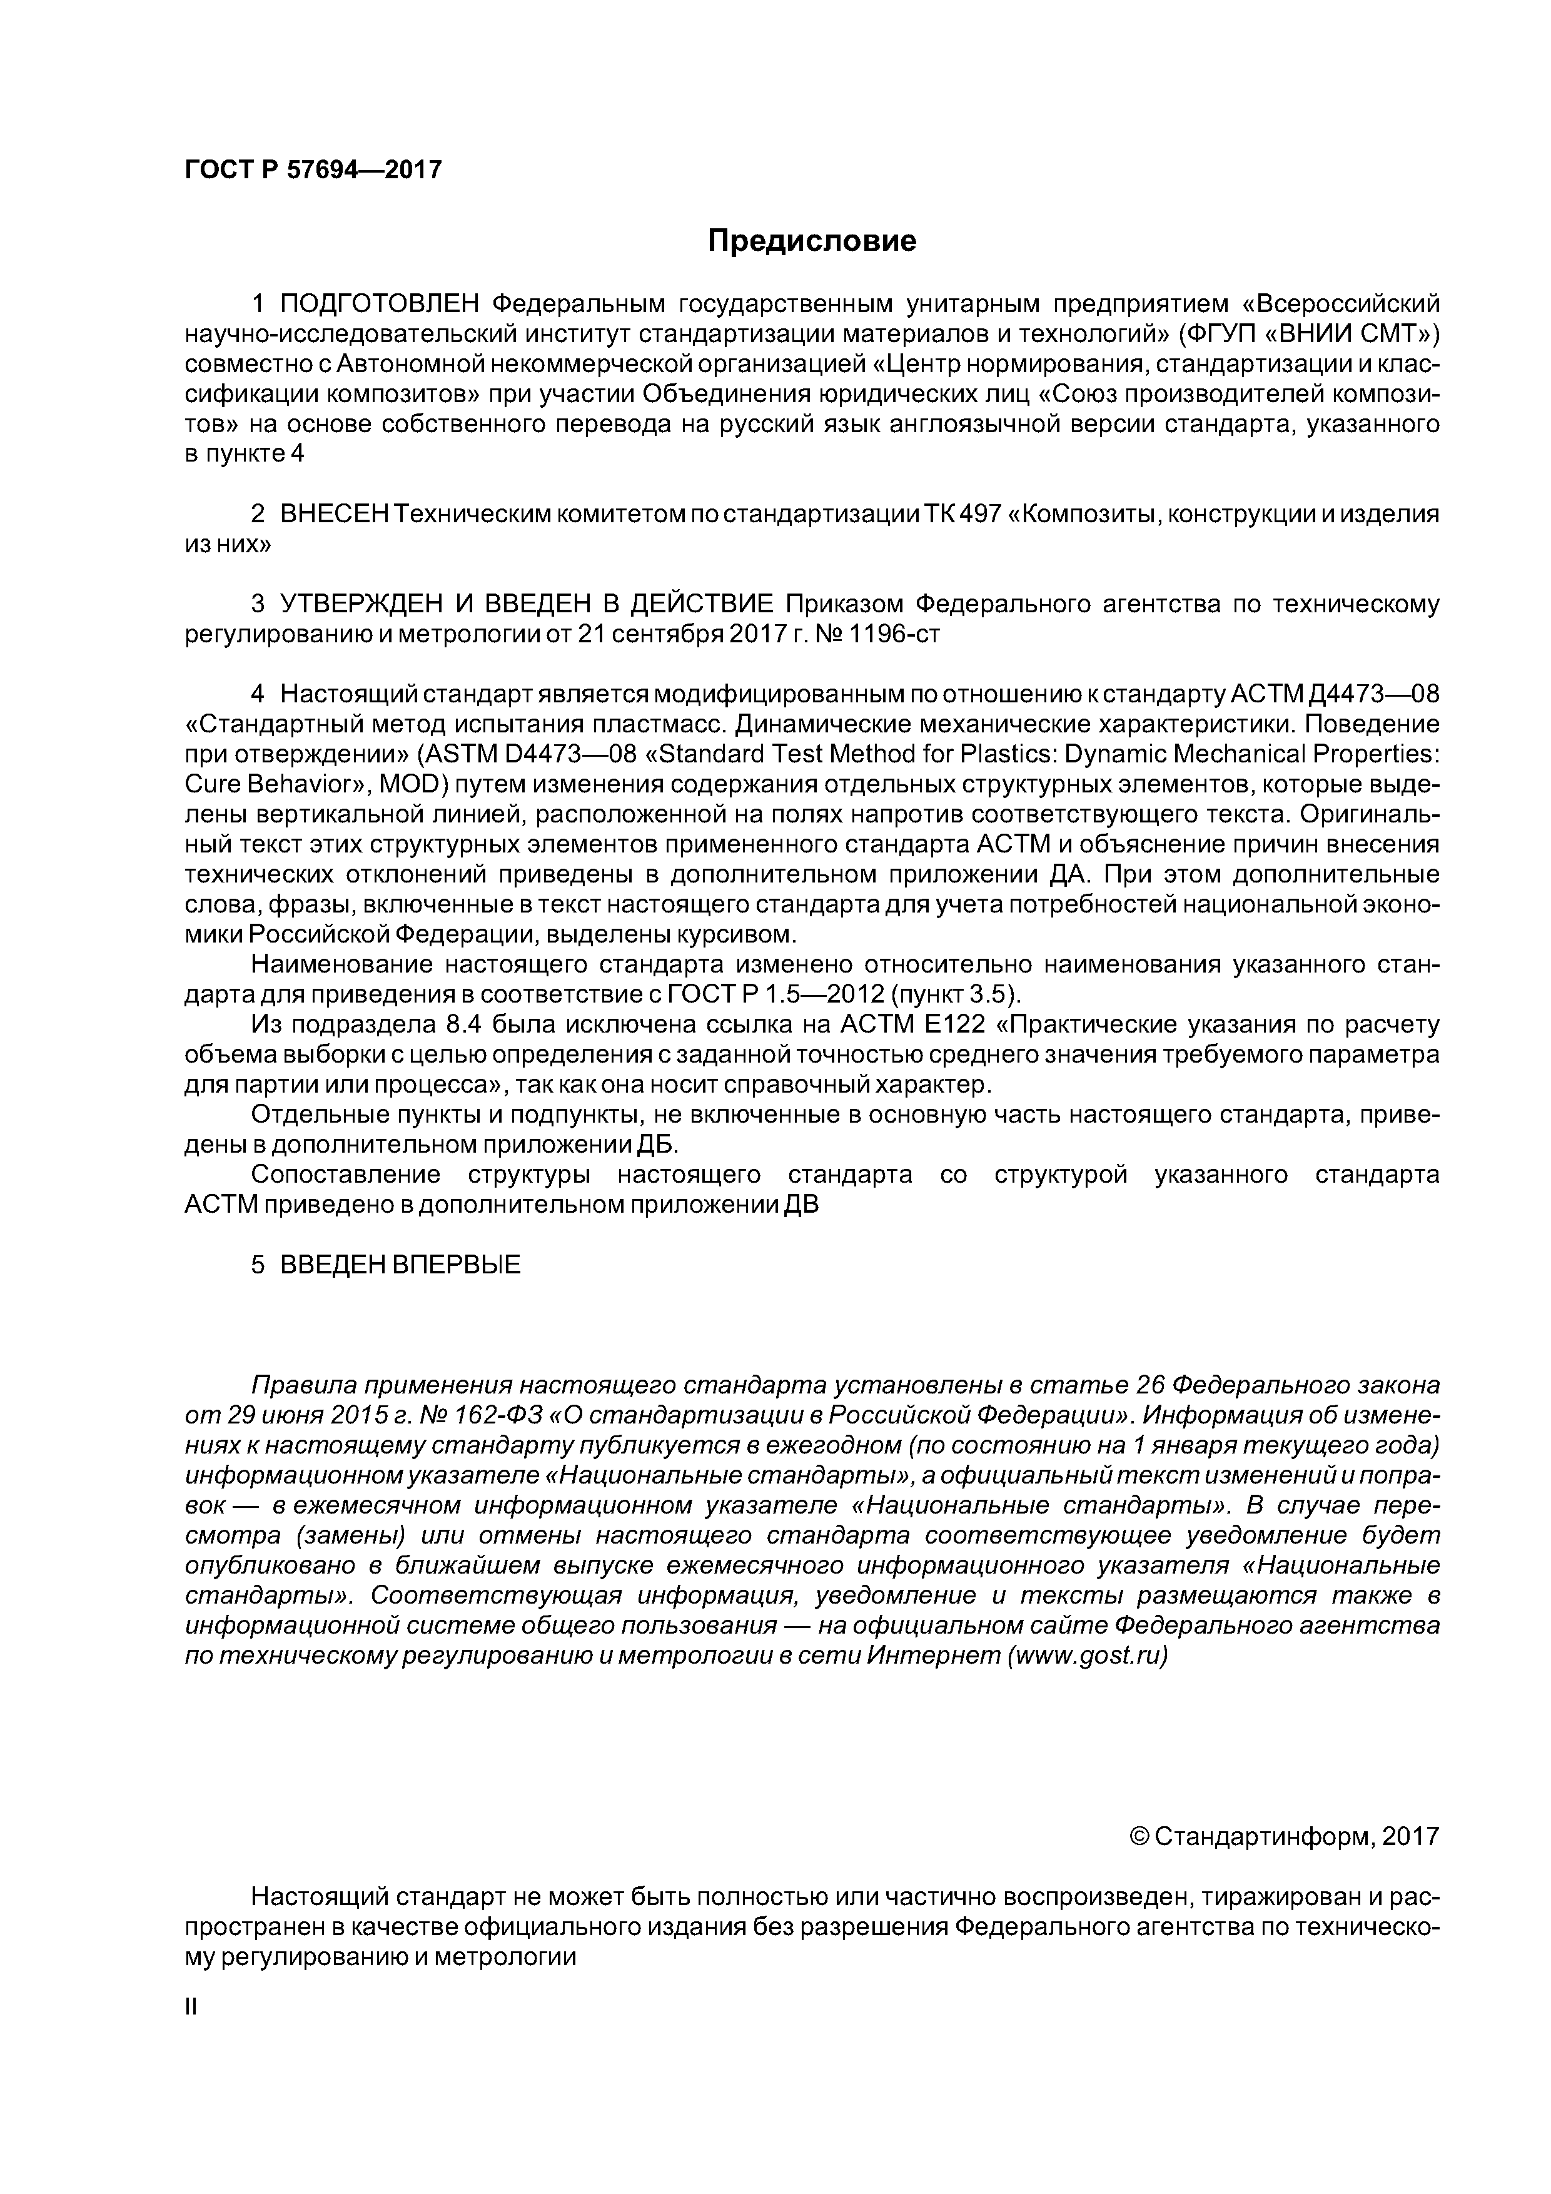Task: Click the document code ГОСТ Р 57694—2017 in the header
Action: (x=313, y=170)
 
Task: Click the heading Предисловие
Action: (x=811, y=241)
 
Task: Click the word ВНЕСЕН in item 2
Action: (x=335, y=514)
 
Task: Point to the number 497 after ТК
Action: (x=979, y=514)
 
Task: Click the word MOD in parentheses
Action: (x=412, y=786)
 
